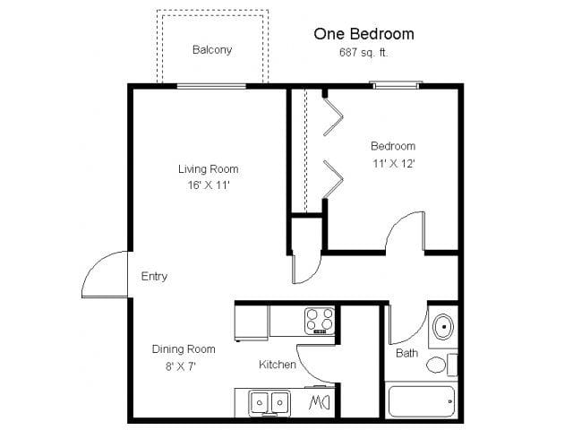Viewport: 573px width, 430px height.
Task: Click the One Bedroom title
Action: coord(363,34)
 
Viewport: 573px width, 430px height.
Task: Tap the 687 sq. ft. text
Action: coord(363,53)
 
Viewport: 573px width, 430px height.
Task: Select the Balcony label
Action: coord(212,50)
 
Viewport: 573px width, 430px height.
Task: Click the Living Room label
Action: coord(208,168)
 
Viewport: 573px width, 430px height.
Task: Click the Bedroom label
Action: coord(393,146)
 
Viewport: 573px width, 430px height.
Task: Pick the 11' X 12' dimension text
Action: coord(393,163)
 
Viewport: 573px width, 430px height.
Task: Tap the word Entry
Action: coord(154,277)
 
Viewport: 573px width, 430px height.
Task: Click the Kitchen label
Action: coord(278,365)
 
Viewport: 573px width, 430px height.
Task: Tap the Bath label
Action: coord(406,353)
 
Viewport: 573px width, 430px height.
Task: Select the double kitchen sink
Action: coord(269,402)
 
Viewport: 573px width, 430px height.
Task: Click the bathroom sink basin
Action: coord(441,327)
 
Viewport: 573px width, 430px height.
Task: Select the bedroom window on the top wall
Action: coord(397,85)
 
